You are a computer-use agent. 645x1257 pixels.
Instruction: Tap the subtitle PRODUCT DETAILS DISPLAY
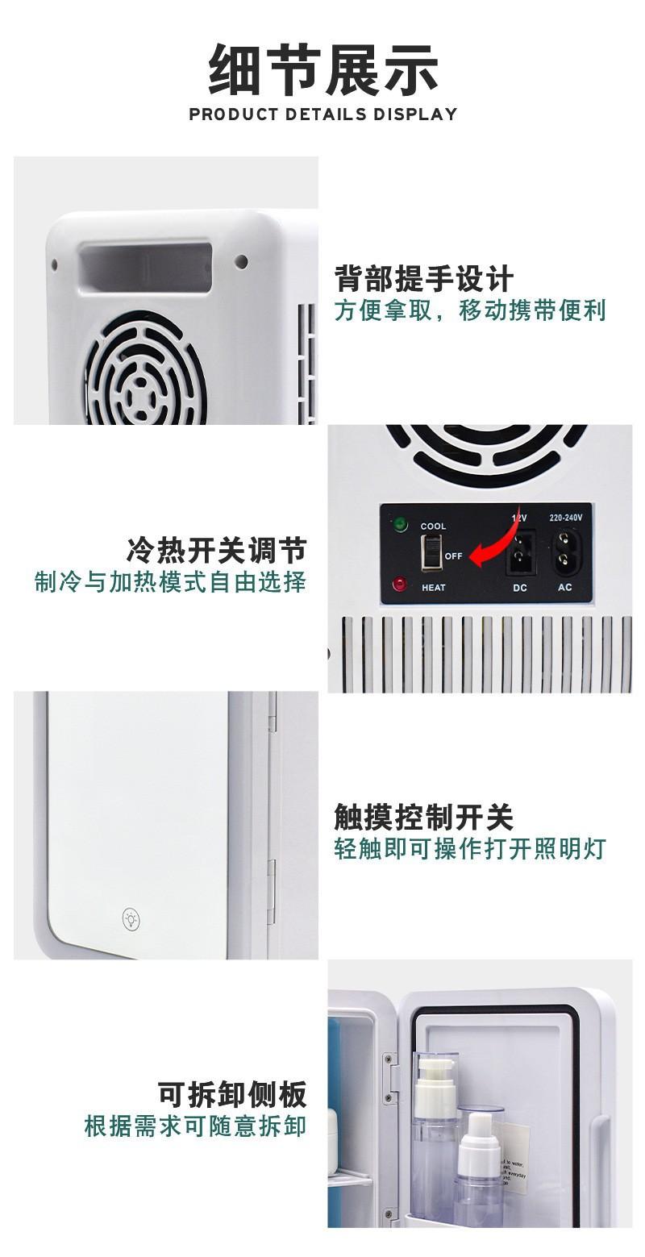[323, 114]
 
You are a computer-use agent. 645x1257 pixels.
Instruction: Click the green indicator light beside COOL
[399, 526]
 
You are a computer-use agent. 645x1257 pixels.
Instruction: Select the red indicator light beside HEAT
[399, 585]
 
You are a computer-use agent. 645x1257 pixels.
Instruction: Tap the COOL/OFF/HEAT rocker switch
[432, 555]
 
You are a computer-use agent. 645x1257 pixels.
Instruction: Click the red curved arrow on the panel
[493, 545]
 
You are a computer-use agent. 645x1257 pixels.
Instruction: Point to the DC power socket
[520, 552]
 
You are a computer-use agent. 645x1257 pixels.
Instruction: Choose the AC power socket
[564, 551]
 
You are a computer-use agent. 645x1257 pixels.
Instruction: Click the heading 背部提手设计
[424, 279]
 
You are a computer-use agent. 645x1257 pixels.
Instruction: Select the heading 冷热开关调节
[216, 551]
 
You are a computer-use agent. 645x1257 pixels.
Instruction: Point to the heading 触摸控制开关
[424, 817]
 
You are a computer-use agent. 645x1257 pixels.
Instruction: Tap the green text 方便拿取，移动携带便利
[470, 310]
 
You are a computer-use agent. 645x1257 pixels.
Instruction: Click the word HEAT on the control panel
[433, 588]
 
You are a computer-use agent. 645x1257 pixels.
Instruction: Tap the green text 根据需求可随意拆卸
[196, 1126]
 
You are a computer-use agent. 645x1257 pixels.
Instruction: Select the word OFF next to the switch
[453, 556]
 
